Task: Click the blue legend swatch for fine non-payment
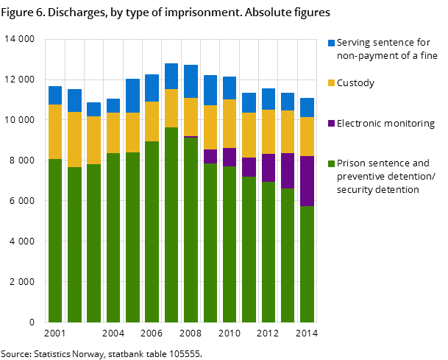(x=331, y=43)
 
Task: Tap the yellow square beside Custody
(x=331, y=83)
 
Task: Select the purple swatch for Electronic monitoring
(x=331, y=124)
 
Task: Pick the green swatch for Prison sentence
(x=331, y=163)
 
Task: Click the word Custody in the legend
(x=355, y=83)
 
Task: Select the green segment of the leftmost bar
(x=55, y=240)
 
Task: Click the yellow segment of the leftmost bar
(x=55, y=131)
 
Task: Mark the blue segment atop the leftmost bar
(x=55, y=95)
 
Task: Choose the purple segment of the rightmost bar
(x=307, y=180)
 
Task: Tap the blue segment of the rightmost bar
(x=307, y=107)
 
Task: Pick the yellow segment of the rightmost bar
(x=307, y=136)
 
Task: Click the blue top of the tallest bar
(x=171, y=76)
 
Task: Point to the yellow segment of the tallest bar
(x=171, y=108)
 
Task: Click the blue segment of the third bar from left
(x=93, y=109)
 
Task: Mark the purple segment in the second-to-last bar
(x=288, y=170)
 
